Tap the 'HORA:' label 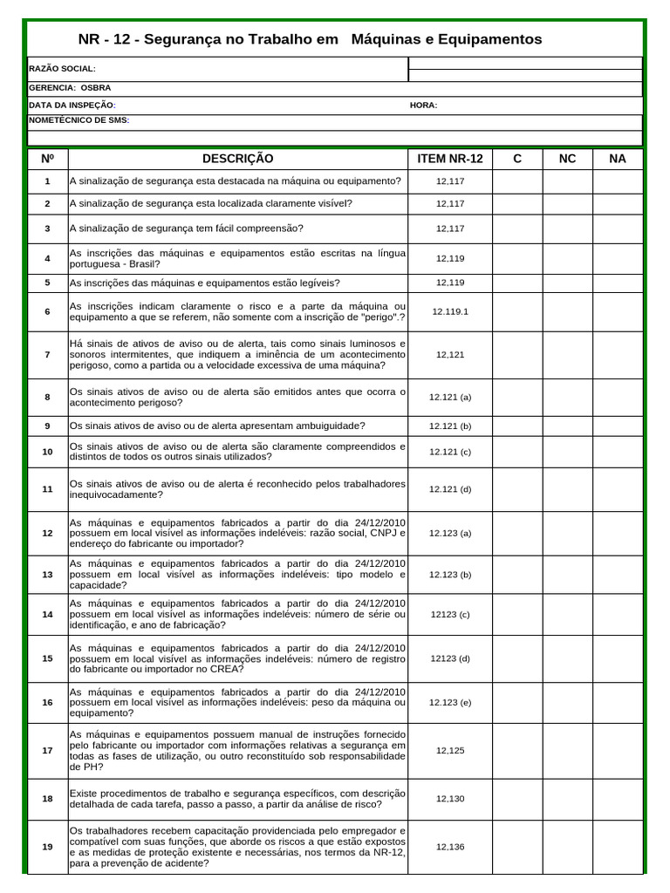(423, 106)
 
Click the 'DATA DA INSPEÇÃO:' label (72, 106)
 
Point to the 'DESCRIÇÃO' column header (237, 159)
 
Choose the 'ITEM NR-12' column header (450, 159)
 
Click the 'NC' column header (567, 159)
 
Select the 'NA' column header (618, 159)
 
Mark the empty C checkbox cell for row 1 (517, 181)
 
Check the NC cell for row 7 (567, 355)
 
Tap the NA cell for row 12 (618, 533)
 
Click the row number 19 (47, 847)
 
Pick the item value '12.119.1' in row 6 (450, 311)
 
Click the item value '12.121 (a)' (450, 397)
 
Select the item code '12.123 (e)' (450, 702)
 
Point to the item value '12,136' (450, 847)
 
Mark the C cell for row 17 (517, 750)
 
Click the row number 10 (47, 451)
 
